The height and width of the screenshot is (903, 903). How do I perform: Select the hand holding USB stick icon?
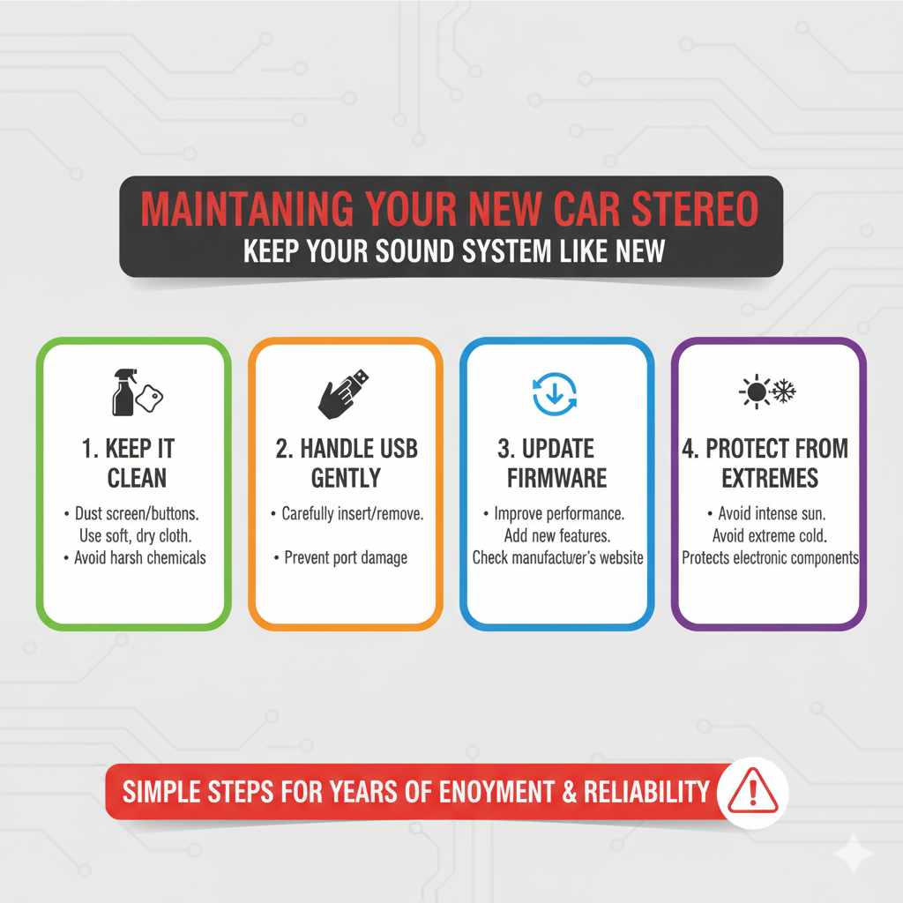[342, 392]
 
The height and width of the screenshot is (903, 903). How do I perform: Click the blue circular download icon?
[556, 393]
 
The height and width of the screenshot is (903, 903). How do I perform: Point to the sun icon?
[755, 392]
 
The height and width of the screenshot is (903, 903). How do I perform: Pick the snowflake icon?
[783, 392]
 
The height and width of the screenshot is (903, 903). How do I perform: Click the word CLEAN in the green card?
[137, 478]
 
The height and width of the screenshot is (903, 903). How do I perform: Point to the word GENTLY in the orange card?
[346, 478]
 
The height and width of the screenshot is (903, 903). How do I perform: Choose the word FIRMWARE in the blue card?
[556, 478]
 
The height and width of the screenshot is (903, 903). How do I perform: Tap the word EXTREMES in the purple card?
[770, 478]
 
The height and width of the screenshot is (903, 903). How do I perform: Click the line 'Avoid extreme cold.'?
[769, 535]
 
